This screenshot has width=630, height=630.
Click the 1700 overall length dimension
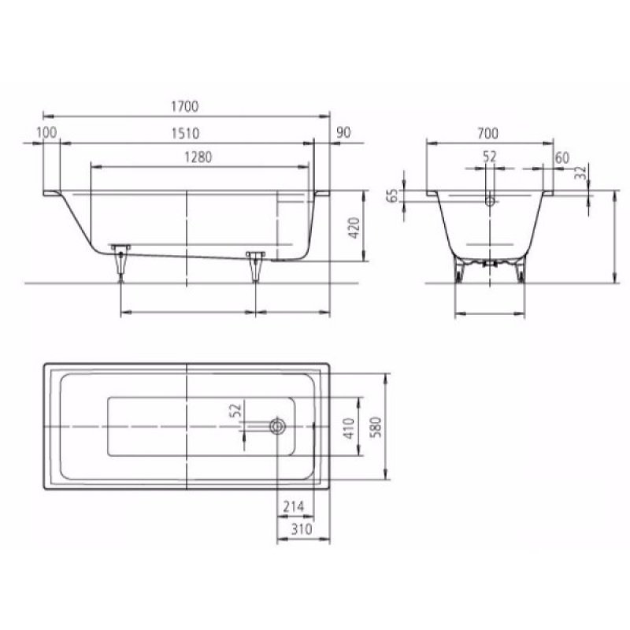pyautogui.click(x=185, y=106)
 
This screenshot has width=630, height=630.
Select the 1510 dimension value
pyautogui.click(x=185, y=133)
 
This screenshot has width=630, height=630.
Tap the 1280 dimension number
pyautogui.click(x=198, y=157)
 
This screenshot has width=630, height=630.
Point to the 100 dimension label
pyautogui.click(x=46, y=132)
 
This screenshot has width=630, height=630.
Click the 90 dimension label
pyautogui.click(x=343, y=132)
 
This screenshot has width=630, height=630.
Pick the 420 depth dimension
pyautogui.click(x=354, y=228)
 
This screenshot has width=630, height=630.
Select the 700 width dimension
pyautogui.click(x=487, y=133)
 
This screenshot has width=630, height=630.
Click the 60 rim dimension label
pyautogui.click(x=562, y=158)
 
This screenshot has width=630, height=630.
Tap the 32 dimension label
pyautogui.click(x=580, y=172)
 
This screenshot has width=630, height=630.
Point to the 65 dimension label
pyautogui.click(x=395, y=195)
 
